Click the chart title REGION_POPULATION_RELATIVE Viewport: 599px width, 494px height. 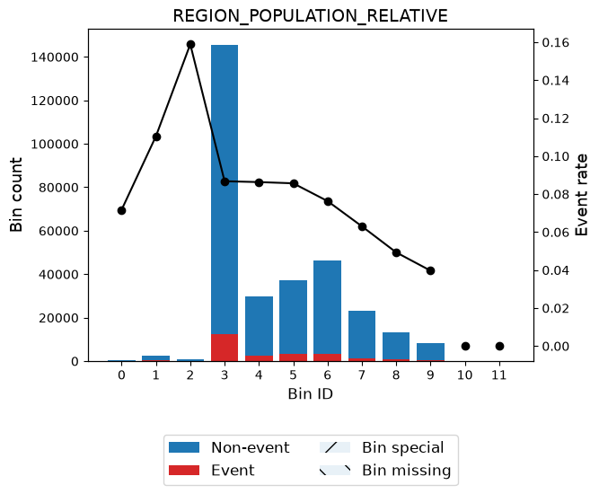310,16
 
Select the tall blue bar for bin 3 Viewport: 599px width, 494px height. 225,190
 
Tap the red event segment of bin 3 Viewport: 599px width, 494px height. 225,348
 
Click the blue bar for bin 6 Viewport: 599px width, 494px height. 328,307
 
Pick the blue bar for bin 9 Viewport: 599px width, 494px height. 430,351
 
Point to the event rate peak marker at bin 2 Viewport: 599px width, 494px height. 190,45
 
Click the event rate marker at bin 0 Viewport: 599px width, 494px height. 122,210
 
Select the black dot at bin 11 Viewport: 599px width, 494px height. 499,346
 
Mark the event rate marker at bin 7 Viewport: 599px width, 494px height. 362,227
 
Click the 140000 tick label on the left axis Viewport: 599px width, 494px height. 55,57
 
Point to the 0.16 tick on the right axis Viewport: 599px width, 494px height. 556,42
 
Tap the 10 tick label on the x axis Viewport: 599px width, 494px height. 464,375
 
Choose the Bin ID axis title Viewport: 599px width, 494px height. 310,393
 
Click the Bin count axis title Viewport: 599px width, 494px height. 16,195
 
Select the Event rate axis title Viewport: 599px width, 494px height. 581,195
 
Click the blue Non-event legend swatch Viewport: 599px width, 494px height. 184,447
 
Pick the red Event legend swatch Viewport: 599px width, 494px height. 184,470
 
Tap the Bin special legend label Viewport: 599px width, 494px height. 403,447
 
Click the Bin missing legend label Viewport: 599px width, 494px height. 407,471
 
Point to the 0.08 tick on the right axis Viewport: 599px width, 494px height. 556,195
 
